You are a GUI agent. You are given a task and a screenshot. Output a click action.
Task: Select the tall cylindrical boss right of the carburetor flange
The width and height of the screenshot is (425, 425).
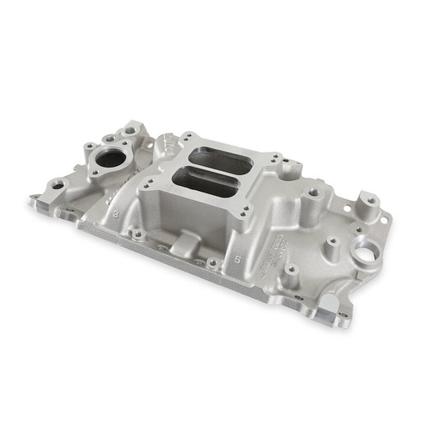coord(314,198)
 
